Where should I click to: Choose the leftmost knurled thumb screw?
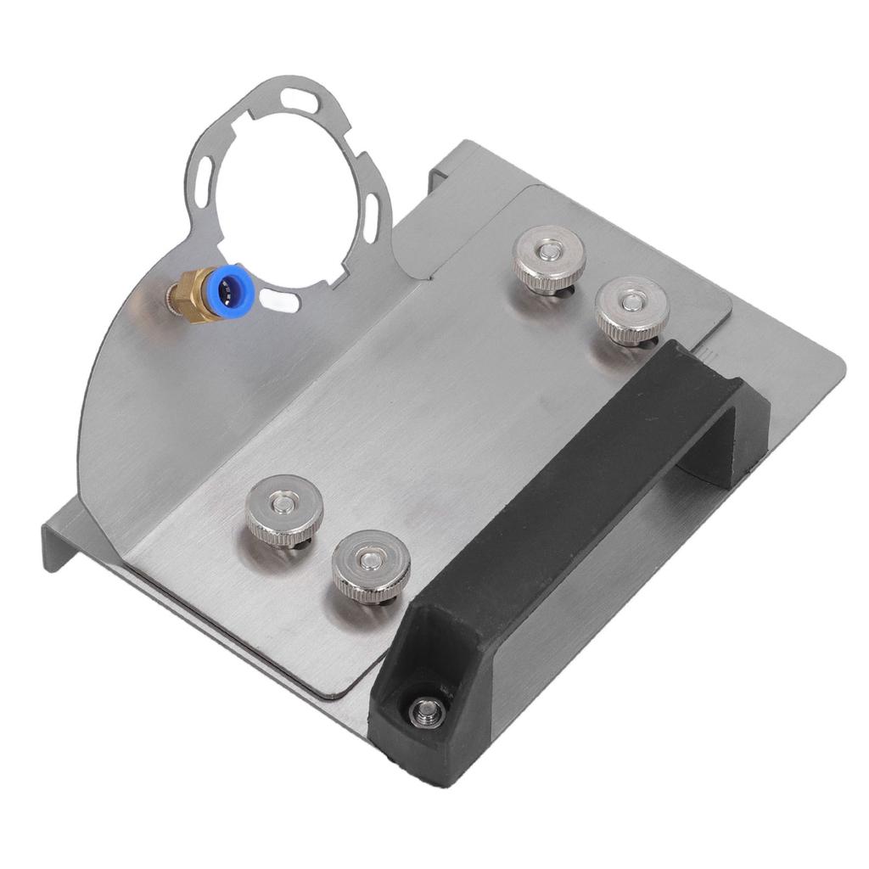[283, 510]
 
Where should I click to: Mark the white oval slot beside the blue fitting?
[279, 299]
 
